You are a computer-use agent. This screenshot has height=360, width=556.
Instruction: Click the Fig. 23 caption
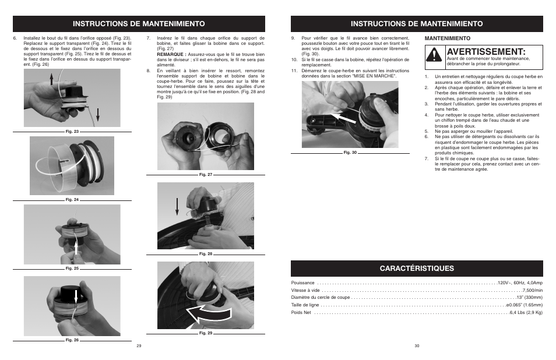72,132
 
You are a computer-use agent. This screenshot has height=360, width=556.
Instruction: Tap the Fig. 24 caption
72,200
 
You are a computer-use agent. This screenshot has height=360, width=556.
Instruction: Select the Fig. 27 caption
206,175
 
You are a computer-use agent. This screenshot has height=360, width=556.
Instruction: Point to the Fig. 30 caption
350,153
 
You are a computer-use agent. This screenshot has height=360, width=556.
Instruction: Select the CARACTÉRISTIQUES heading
416,268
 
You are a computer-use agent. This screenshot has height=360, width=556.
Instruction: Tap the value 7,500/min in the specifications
532,290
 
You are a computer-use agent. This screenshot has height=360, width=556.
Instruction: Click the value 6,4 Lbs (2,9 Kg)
526,313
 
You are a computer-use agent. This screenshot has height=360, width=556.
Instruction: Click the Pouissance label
302,283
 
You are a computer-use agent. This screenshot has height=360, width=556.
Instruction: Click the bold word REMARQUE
170,54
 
